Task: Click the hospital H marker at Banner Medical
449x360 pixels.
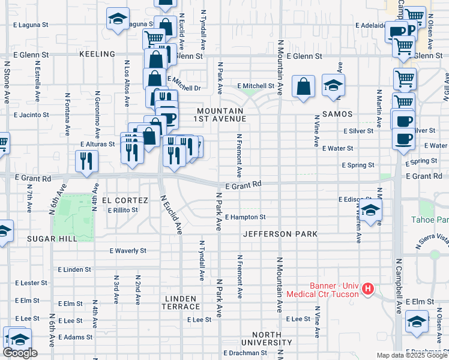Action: [x=368, y=289]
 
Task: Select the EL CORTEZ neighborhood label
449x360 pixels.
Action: [x=125, y=200]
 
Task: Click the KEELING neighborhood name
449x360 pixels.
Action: [x=97, y=55]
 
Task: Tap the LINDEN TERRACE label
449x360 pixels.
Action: [x=179, y=302]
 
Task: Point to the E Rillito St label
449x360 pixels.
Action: [x=123, y=210]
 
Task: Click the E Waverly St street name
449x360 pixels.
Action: [x=128, y=251]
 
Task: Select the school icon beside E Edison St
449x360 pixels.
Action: [x=371, y=210]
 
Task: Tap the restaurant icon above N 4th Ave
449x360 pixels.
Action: [x=86, y=161]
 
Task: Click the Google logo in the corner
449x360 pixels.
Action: [x=20, y=353]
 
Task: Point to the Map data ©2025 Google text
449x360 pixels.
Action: [x=412, y=355]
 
